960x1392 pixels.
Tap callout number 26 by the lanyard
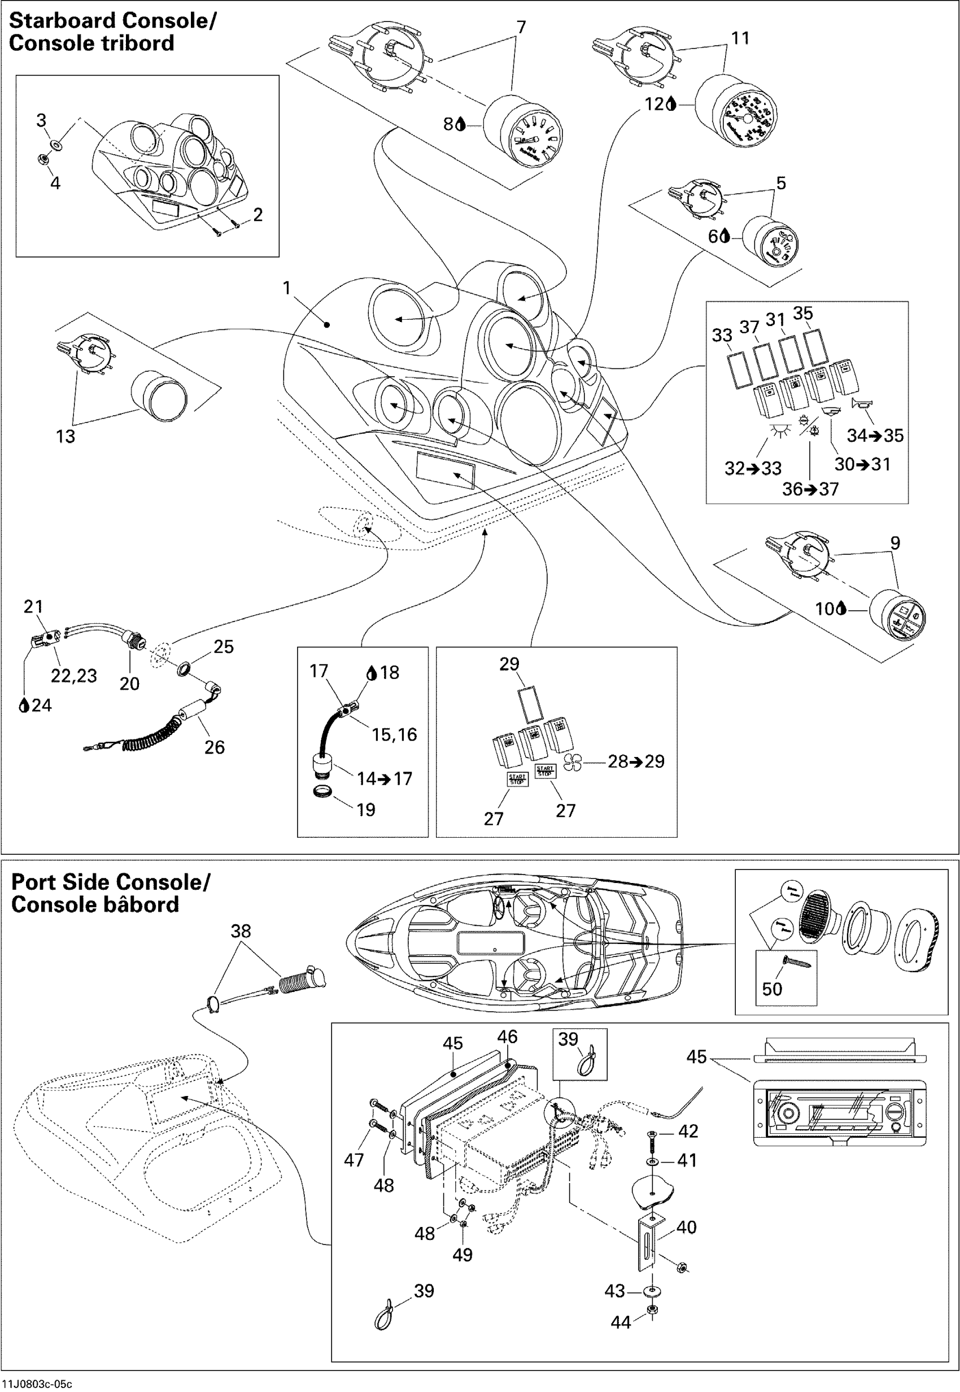[214, 747]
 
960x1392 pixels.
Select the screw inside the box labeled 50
[795, 962]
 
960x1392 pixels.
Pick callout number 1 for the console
[287, 288]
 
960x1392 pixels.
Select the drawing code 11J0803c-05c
[37, 1384]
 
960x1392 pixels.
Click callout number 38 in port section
[241, 931]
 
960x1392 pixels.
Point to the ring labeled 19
[323, 791]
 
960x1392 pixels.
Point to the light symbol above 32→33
[779, 432]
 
